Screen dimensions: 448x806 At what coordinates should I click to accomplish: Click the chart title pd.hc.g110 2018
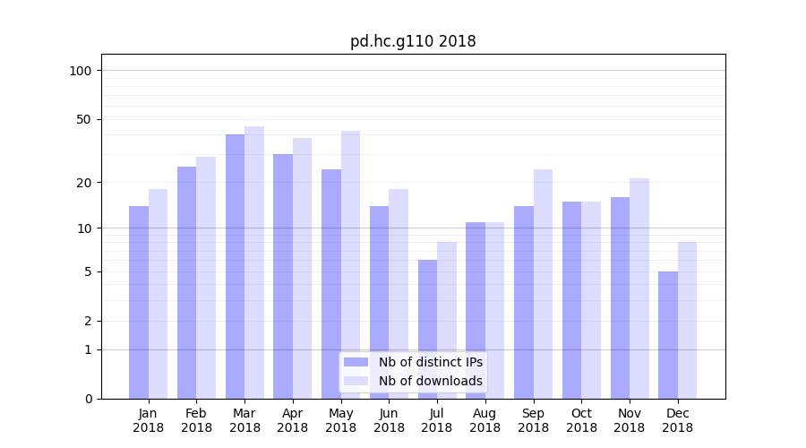point(413,42)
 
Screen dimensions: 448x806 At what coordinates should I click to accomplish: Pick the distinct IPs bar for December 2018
point(668,335)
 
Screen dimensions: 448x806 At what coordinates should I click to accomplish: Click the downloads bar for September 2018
point(543,284)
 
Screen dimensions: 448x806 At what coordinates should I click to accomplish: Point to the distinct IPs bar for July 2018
point(427,329)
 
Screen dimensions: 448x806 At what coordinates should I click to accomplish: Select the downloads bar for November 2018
point(639,289)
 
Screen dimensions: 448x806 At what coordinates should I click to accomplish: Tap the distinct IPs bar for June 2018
point(379,302)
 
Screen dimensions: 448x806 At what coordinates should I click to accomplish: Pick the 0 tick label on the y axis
point(88,399)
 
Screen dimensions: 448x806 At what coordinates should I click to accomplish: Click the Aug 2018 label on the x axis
point(484,420)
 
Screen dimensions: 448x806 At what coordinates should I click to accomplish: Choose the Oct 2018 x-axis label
point(581,420)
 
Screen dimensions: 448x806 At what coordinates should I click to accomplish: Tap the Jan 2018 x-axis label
point(148,420)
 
